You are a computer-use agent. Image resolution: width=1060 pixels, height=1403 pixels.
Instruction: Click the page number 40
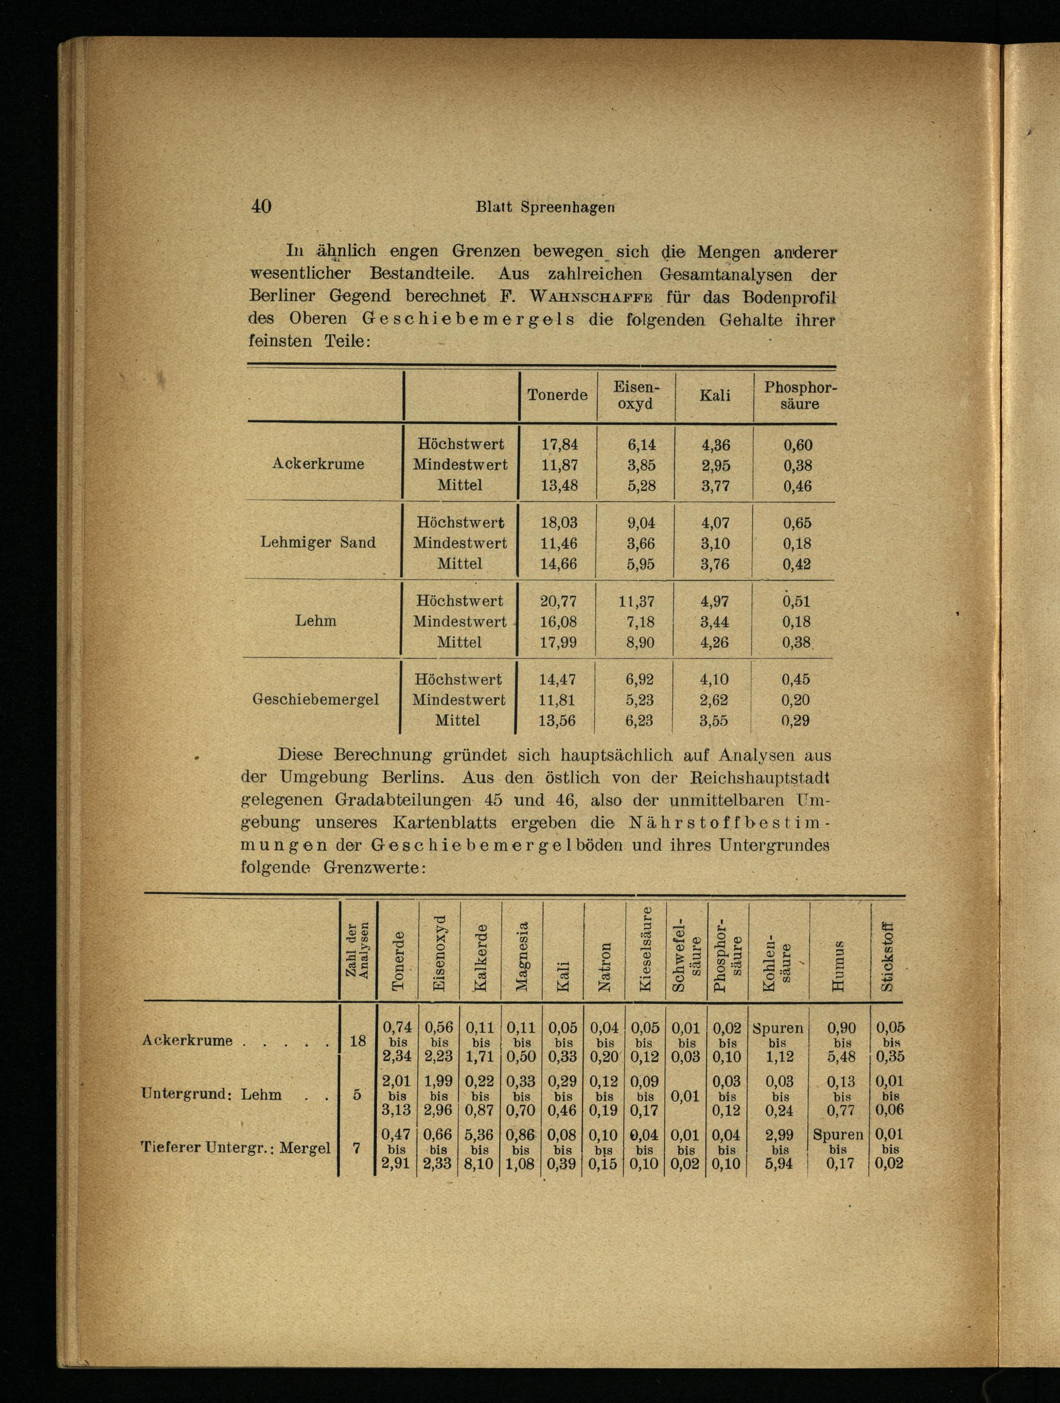pos(261,206)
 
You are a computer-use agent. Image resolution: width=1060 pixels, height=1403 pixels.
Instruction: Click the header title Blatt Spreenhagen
pos(545,207)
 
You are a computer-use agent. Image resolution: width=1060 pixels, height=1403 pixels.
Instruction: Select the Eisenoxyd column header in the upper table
pos(635,395)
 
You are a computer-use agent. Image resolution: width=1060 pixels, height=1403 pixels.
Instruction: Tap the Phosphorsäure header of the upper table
pos(799,395)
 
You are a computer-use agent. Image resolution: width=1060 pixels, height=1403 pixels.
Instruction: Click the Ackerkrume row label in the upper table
pos(318,464)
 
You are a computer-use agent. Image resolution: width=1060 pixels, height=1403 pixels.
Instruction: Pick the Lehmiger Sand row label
pos(318,543)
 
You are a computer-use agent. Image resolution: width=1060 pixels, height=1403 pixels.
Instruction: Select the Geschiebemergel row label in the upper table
pos(316,699)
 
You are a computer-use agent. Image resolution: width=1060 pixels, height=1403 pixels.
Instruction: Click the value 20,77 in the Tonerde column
pos(558,601)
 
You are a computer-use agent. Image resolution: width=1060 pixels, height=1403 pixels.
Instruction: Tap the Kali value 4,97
pos(714,601)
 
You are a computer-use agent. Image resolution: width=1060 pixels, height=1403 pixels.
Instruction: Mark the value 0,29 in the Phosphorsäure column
pos(796,721)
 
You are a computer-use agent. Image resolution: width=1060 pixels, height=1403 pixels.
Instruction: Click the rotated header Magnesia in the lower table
pos(522,956)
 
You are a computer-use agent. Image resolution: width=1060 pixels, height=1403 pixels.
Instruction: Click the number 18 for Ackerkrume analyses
pos(358,1041)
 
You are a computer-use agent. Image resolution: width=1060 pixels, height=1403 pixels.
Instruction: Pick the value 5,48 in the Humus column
pos(842,1056)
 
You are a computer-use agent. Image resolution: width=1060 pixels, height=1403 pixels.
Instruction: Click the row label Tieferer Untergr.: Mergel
pos(235,1148)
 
